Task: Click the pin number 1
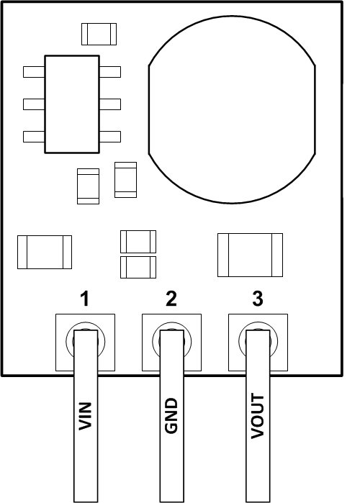click(85, 299)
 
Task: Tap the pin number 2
click(171, 299)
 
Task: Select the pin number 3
click(257, 299)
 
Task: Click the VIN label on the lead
click(86, 417)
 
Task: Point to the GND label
click(171, 417)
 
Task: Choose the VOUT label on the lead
click(258, 417)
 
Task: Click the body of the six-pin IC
click(72, 104)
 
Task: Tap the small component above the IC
click(98, 33)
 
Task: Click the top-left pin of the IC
click(34, 72)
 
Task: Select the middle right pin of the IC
click(109, 104)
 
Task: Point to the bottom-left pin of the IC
click(34, 136)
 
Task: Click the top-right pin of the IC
click(109, 72)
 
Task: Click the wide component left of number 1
click(45, 252)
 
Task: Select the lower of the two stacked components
click(138, 266)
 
